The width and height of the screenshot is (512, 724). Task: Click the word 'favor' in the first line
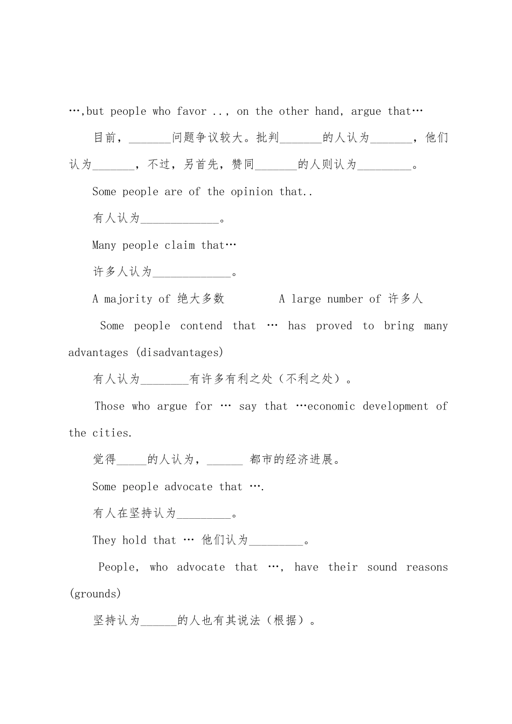(191, 112)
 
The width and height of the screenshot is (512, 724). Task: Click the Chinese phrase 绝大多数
(201, 299)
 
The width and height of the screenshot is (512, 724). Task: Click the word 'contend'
(201, 326)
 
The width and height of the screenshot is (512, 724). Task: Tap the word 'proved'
(334, 326)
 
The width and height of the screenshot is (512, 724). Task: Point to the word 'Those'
(109, 406)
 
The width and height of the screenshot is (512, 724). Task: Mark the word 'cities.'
(112, 433)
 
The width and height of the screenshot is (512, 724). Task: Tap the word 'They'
(104, 540)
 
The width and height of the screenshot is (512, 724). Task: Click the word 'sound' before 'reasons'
(382, 567)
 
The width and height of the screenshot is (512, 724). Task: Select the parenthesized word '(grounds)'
(95, 594)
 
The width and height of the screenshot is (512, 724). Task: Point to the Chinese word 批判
(268, 138)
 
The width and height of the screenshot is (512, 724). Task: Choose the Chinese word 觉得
(104, 460)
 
